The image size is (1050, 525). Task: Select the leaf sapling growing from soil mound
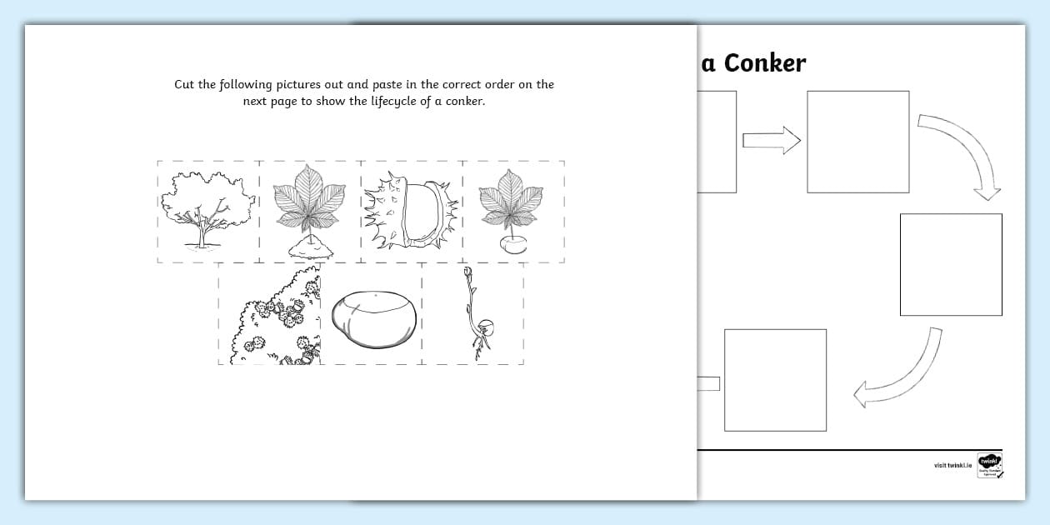[309, 211]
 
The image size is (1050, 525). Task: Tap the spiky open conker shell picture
[412, 211]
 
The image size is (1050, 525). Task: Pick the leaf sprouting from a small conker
[512, 211]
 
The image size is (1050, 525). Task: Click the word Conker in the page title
[764, 63]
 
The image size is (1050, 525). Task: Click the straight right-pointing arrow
[771, 141]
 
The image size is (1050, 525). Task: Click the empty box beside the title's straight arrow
[857, 142]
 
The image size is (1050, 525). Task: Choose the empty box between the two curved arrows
[951, 264]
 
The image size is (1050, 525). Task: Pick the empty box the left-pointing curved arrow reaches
[775, 380]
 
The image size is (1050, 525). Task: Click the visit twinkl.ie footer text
[952, 465]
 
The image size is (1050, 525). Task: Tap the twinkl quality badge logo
[989, 465]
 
